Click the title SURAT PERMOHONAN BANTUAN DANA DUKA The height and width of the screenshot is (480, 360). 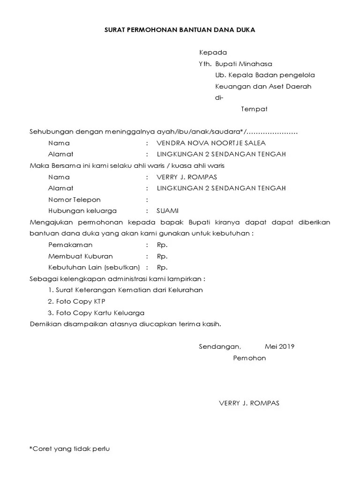(x=180, y=29)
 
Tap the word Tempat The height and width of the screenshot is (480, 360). (x=254, y=109)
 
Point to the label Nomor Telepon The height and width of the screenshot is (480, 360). (x=74, y=200)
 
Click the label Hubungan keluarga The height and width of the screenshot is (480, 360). (x=82, y=211)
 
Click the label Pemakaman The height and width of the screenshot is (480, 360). (x=70, y=245)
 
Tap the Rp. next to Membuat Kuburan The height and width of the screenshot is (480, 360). (x=162, y=256)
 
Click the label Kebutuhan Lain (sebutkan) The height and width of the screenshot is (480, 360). (x=94, y=268)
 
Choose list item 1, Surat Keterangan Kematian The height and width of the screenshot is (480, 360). (x=125, y=290)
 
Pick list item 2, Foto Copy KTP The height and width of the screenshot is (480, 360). (x=76, y=301)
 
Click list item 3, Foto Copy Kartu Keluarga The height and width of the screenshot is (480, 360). (x=96, y=313)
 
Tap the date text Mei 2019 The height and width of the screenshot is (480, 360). (x=279, y=347)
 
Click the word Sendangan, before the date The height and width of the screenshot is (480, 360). (x=219, y=347)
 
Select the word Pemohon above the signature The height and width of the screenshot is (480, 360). (x=249, y=358)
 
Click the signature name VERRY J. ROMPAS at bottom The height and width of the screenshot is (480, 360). (x=249, y=403)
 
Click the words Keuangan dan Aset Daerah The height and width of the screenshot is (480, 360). (x=263, y=86)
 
